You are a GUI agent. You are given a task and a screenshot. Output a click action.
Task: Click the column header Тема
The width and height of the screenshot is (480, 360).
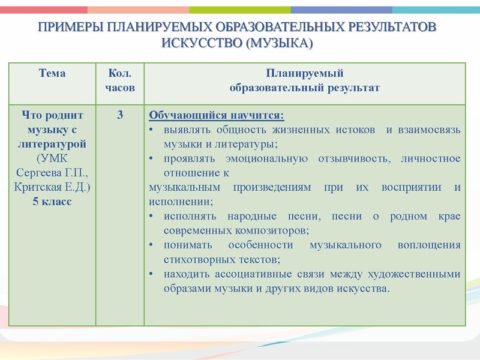[52, 74]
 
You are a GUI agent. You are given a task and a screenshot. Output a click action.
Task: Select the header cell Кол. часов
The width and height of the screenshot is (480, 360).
[120, 80]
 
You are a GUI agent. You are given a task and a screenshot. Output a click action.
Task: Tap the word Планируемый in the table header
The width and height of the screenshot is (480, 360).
[304, 74]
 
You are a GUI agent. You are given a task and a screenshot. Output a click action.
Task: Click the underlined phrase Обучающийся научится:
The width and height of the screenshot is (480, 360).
[216, 115]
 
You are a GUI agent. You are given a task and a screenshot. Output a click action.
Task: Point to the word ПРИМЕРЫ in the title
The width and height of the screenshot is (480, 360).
[66, 28]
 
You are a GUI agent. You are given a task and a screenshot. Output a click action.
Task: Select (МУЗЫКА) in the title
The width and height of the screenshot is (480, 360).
[276, 43]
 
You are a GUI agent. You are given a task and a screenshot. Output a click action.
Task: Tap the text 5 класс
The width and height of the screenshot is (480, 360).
[52, 202]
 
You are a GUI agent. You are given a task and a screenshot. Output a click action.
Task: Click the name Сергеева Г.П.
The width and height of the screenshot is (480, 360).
[52, 173]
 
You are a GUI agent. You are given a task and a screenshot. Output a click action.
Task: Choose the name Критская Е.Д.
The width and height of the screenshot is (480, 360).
[52, 187]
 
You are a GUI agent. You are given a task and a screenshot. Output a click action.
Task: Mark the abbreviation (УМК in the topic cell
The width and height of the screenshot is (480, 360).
[52, 158]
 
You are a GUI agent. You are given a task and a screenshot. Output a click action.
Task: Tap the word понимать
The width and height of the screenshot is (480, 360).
[185, 245]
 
